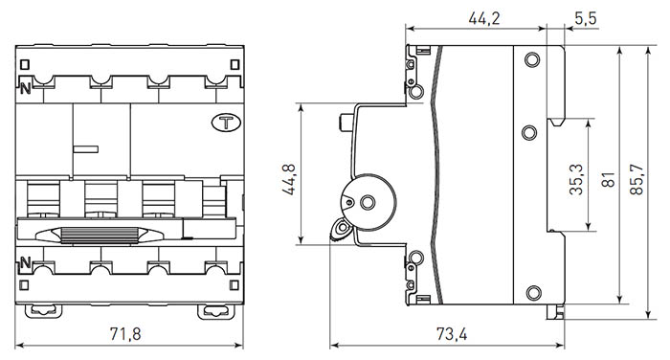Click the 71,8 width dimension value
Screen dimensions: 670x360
coord(125,334)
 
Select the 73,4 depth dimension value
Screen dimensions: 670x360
coord(452,334)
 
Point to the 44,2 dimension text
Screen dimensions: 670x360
coord(484,18)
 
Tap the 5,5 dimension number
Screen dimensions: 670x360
coord(586,18)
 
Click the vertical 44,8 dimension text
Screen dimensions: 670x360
coord(289,180)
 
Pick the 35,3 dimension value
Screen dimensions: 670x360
coord(576,180)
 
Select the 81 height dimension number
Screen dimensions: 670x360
coord(608,180)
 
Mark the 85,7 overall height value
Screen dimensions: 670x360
coord(636,180)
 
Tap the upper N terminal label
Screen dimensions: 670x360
coord(25,88)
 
